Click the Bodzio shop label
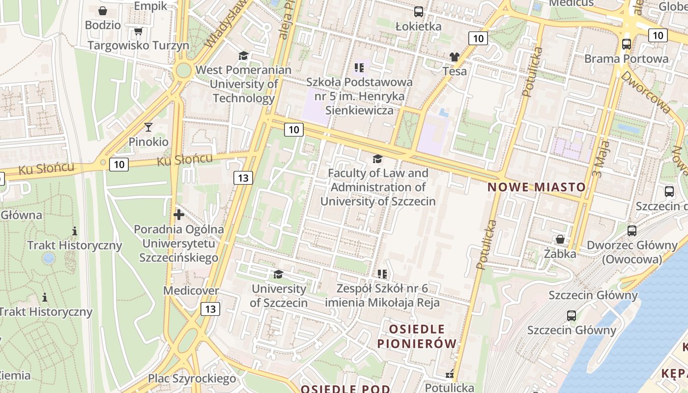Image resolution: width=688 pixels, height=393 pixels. click(103, 25)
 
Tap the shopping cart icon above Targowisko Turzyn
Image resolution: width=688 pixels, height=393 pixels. click(138, 31)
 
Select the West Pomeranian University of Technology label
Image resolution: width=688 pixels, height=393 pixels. click(243, 84)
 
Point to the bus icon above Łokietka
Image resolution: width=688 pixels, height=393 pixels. click(418, 12)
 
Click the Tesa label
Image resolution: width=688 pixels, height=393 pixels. click(455, 71)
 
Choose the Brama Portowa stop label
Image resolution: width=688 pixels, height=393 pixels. click(626, 59)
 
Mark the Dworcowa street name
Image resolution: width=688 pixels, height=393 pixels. click(645, 92)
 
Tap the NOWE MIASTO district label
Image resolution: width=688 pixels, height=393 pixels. click(537, 187)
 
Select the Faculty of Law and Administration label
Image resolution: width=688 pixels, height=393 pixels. click(378, 187)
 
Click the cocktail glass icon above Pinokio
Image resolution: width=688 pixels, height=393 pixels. click(148, 127)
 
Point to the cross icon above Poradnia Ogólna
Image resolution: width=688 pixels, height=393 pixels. click(179, 215)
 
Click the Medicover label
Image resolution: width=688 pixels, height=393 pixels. click(191, 291)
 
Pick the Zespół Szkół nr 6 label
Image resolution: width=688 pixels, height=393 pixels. click(382, 295)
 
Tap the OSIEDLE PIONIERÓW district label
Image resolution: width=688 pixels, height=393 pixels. click(417, 336)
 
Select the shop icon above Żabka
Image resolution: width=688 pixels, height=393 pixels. click(560, 240)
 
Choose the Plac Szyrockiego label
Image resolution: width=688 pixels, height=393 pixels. click(192, 379)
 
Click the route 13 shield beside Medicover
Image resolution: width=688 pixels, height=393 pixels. click(210, 309)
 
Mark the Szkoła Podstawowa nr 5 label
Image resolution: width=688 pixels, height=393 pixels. click(359, 96)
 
